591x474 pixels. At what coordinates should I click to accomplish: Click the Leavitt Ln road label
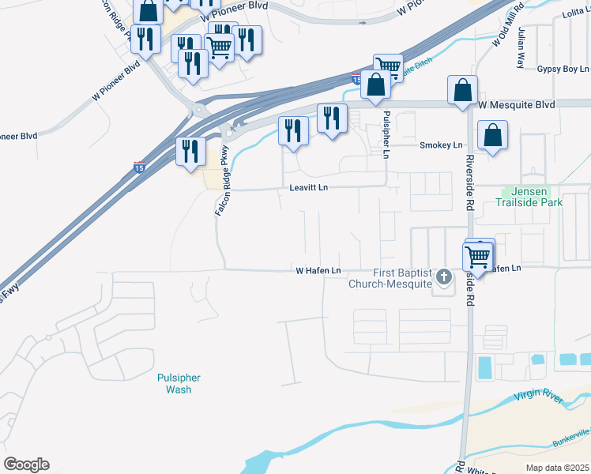308,188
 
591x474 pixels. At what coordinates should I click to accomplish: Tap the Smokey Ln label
441,145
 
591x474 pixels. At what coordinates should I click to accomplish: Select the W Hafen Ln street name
318,271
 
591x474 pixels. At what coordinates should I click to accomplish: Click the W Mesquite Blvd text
517,104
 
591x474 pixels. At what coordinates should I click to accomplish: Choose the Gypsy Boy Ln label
561,69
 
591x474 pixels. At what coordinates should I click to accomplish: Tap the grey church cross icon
444,276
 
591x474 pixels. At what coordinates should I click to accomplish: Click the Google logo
26,465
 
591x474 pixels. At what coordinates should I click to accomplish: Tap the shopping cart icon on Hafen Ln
477,256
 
